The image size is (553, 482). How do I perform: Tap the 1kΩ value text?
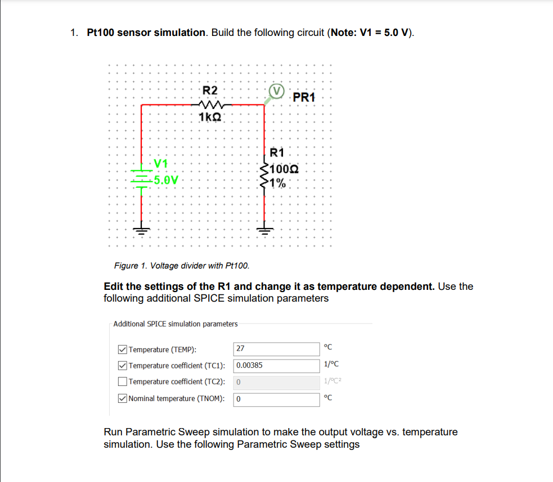click(210, 117)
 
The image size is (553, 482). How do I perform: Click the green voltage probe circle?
click(276, 91)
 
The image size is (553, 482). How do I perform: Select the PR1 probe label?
click(304, 97)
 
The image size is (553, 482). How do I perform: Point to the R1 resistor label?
click(277, 152)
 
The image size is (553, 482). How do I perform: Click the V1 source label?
click(161, 163)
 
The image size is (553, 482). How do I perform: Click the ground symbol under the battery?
click(141, 230)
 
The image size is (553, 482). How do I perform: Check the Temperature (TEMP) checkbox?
click(123, 349)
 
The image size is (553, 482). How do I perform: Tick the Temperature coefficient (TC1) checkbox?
click(123, 366)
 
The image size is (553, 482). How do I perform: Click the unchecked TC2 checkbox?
click(123, 382)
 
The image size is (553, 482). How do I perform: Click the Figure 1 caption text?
click(181, 265)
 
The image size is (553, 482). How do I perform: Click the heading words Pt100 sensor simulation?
click(146, 33)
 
